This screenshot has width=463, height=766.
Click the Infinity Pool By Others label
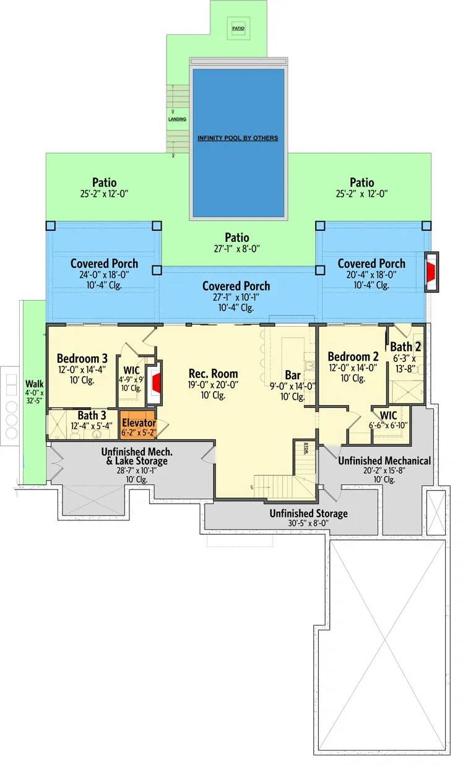(238, 138)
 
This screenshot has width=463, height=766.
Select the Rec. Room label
(213, 374)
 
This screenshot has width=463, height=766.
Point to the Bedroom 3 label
(82, 358)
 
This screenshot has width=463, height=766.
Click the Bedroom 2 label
(353, 357)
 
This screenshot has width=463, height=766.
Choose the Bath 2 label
(405, 348)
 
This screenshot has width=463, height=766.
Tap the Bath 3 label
(91, 415)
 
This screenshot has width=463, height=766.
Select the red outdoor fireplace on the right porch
(431, 270)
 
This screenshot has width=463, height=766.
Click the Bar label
(293, 376)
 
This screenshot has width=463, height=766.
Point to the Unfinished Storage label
(308, 514)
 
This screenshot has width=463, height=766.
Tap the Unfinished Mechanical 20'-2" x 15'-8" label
(384, 461)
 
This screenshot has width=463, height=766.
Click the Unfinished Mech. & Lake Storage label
(134, 456)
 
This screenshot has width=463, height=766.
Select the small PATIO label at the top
(238, 28)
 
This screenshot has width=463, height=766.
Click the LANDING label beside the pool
(177, 119)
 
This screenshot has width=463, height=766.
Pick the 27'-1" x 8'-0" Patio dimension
(237, 249)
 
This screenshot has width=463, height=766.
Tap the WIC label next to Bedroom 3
(132, 371)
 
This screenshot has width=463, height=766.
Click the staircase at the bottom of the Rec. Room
(275, 483)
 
